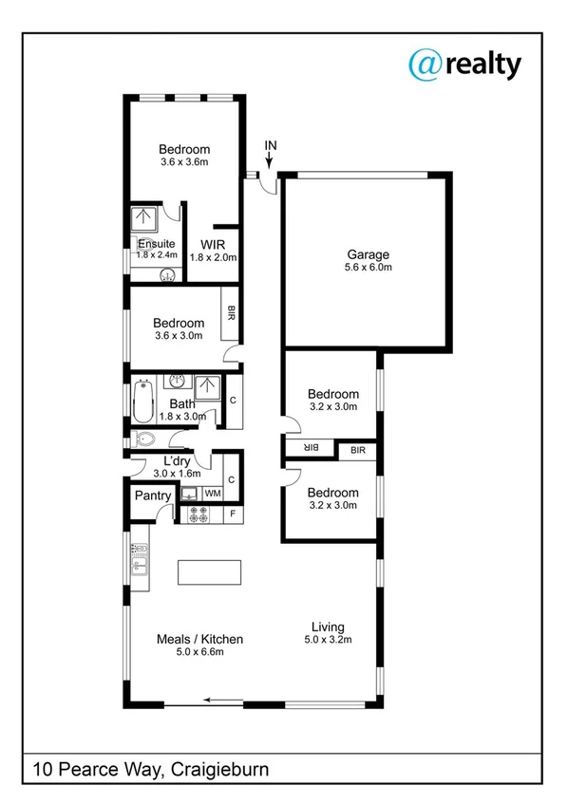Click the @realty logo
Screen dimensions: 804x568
click(x=464, y=64)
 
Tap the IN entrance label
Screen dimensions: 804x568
click(x=271, y=145)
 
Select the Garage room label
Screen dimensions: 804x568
click(x=368, y=254)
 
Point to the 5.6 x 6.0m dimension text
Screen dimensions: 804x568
click(x=368, y=268)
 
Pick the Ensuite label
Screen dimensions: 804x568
click(x=156, y=244)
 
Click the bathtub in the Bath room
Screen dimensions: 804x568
click(x=145, y=402)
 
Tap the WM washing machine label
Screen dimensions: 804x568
click(x=213, y=494)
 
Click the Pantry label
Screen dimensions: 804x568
click(x=153, y=495)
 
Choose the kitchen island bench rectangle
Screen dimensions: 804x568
click(x=209, y=573)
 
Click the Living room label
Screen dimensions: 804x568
click(x=328, y=627)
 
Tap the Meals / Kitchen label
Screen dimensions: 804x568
click(x=199, y=639)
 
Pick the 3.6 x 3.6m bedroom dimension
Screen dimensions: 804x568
click(x=184, y=162)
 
